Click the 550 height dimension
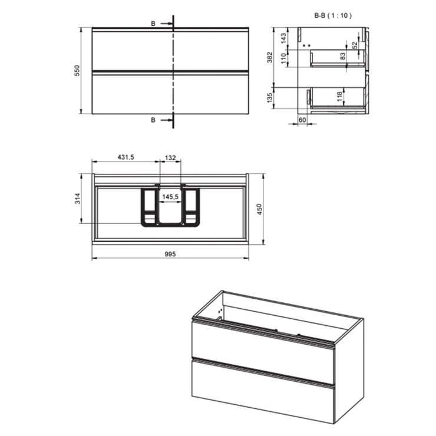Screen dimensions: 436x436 [77, 71]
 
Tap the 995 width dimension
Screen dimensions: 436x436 [170, 254]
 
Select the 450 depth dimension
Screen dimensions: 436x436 [259, 209]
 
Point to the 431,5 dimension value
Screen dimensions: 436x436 [125, 157]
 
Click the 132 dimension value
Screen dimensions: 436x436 [170, 158]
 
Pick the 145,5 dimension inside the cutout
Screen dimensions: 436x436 [170, 197]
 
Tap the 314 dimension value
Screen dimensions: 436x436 [78, 199]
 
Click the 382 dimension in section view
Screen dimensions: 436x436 [270, 57]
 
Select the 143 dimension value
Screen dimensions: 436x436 [283, 38]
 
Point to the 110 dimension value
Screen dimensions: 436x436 [283, 58]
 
